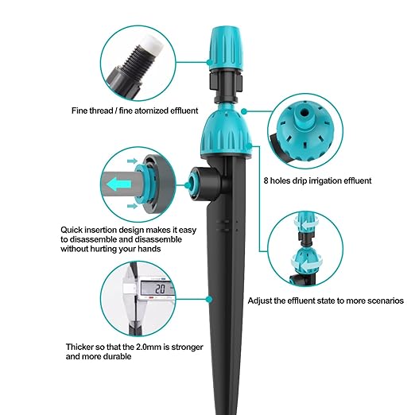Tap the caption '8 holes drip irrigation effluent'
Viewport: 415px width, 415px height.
316,180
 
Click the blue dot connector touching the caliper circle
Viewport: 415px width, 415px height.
208,299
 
